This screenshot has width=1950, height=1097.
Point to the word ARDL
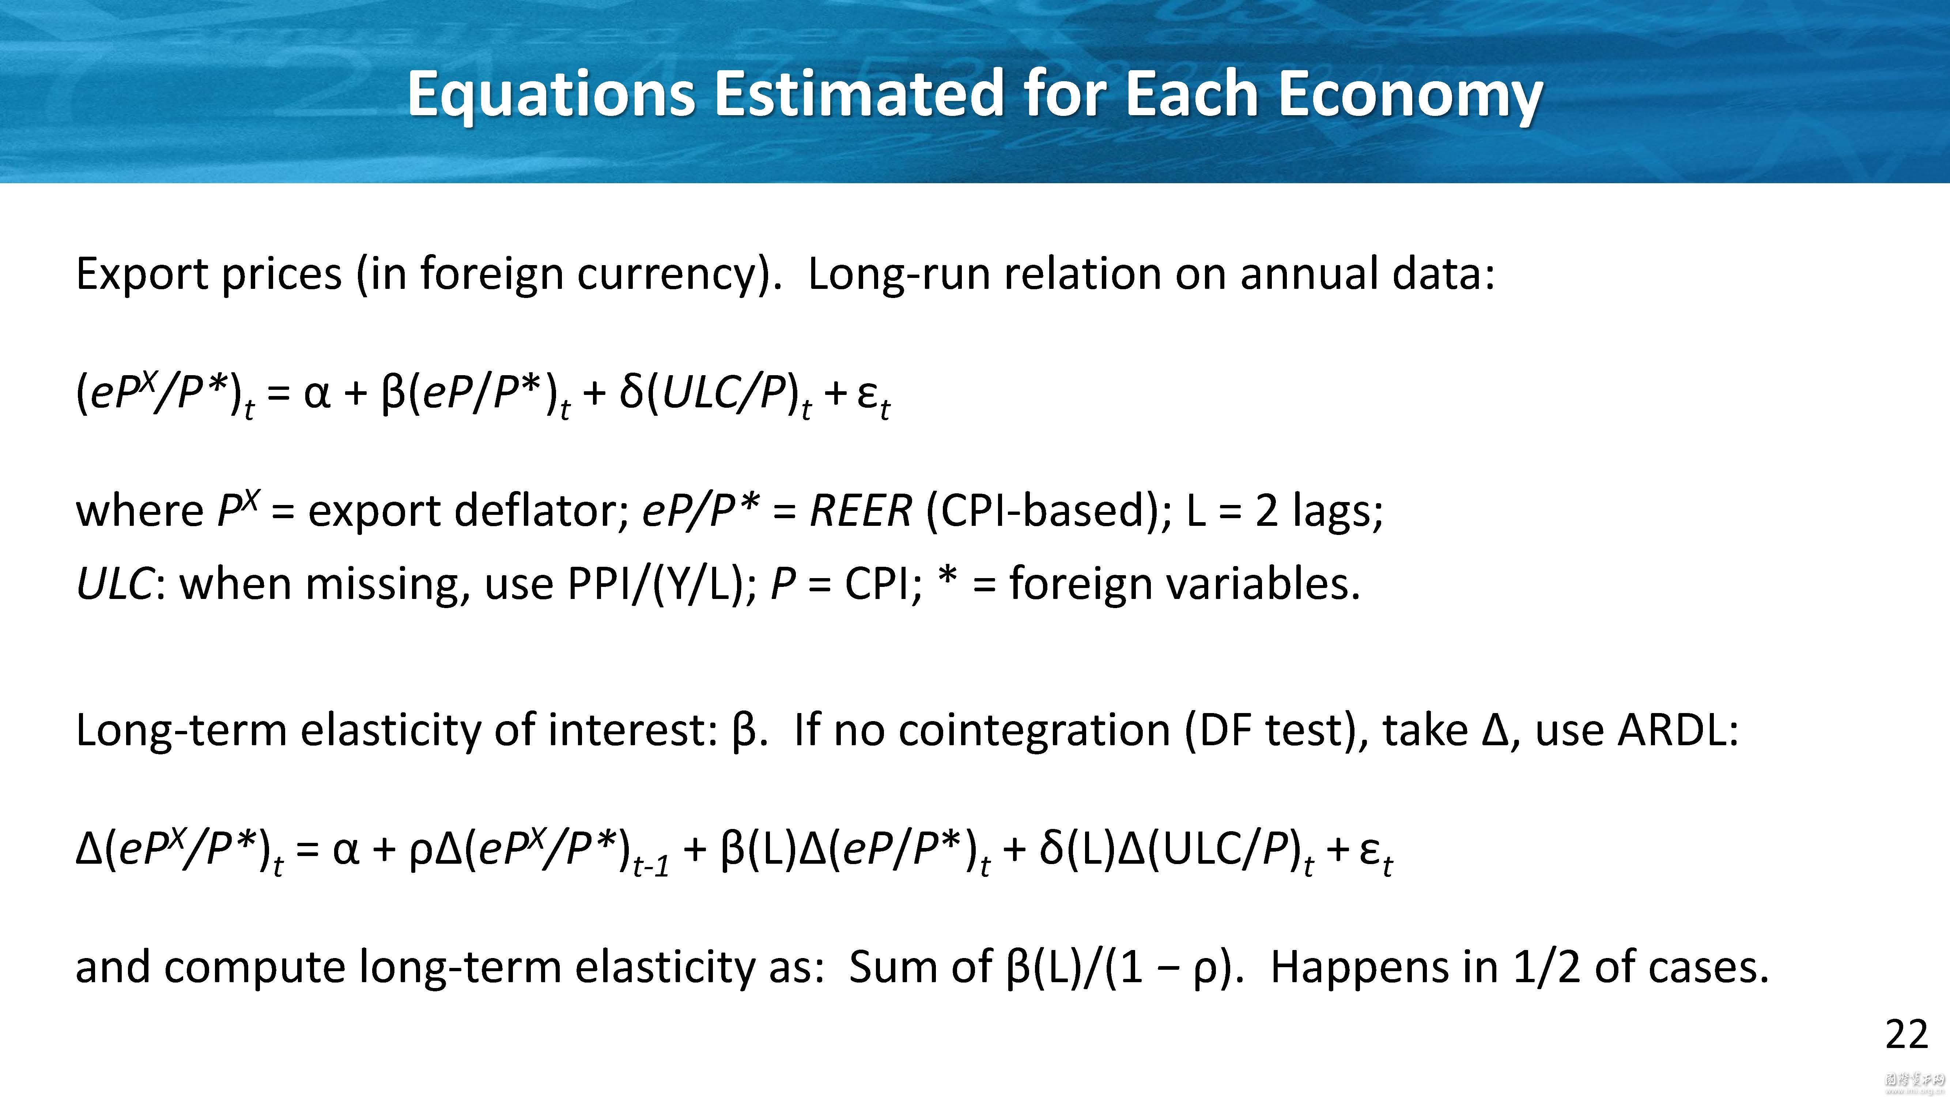1678,731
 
